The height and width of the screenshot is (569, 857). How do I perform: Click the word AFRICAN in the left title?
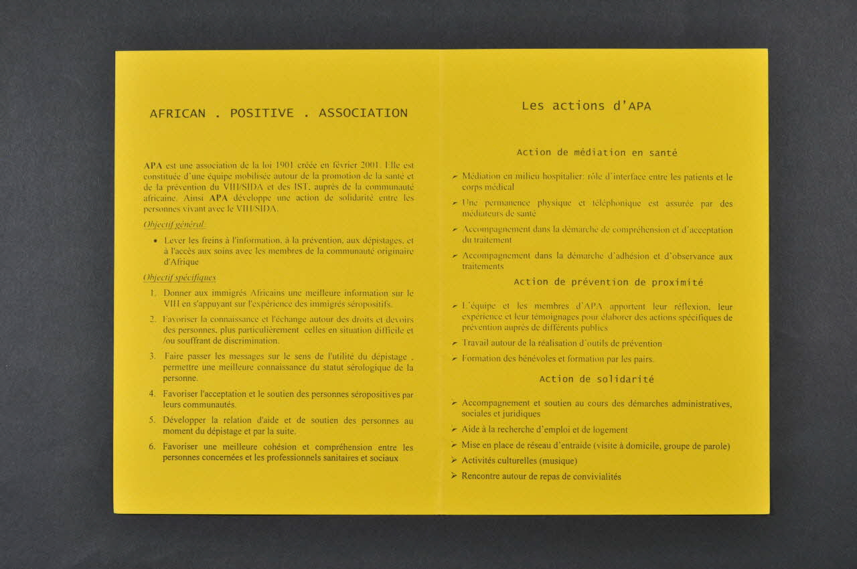[x=177, y=113]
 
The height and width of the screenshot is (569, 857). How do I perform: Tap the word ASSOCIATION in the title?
[x=363, y=113]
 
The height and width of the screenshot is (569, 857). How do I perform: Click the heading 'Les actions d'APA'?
[x=586, y=106]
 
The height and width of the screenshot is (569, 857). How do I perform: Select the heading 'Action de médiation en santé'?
[x=597, y=153]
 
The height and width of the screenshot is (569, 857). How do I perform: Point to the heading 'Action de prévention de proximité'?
[x=608, y=282]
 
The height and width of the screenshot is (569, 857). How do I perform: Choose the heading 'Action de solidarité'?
[x=597, y=379]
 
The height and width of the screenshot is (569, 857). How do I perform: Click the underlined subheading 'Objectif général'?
[x=174, y=225]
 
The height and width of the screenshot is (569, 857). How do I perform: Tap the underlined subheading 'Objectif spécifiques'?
[x=179, y=278]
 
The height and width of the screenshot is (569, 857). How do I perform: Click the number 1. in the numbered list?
[x=153, y=293]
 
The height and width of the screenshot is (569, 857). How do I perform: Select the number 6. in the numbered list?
[x=153, y=446]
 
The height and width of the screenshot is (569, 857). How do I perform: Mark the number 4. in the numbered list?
[x=153, y=394]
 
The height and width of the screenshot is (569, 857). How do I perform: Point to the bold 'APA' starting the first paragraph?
[x=153, y=165]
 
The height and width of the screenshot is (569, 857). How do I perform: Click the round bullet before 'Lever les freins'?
[x=155, y=240]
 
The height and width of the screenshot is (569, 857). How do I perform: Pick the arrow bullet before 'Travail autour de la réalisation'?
[x=455, y=343]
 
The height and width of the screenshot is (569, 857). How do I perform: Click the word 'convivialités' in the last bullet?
[x=593, y=477]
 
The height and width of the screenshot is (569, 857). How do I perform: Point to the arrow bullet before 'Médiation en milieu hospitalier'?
[x=455, y=177]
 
